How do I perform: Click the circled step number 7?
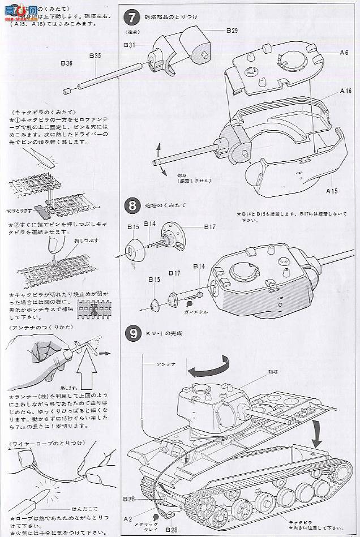(x=131, y=18)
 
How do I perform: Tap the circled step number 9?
(x=131, y=333)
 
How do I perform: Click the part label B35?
(x=95, y=55)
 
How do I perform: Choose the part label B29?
(x=231, y=30)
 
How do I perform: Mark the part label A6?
(x=344, y=52)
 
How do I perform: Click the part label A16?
(x=346, y=91)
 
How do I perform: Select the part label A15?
(x=332, y=191)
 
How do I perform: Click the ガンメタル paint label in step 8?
(x=196, y=312)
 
